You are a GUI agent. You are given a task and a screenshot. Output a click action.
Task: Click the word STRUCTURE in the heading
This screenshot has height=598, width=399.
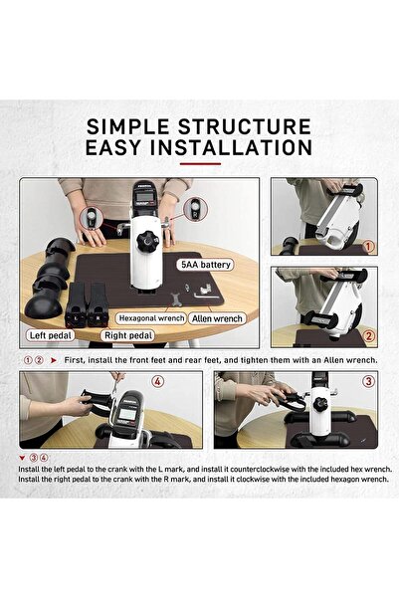pyautogui.click(x=245, y=126)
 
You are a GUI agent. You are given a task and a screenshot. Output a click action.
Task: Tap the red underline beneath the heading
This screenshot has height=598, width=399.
pyautogui.click(x=200, y=164)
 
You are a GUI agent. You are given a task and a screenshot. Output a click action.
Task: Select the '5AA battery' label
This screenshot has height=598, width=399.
pyautogui.click(x=205, y=265)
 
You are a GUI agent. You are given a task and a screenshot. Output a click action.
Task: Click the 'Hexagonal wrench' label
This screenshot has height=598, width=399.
pyautogui.click(x=151, y=318)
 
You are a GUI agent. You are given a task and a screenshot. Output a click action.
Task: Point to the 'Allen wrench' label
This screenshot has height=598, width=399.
pyautogui.click(x=217, y=318)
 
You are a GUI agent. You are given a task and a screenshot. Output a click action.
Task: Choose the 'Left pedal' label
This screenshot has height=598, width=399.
pyautogui.click(x=51, y=335)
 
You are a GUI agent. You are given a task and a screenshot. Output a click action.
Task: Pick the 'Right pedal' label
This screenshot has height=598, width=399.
pyautogui.click(x=128, y=335)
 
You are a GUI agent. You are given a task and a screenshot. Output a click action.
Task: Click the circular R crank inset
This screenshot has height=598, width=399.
pyautogui.click(x=196, y=209)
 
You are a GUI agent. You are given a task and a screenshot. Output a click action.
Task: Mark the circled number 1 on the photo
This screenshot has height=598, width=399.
pyautogui.click(x=368, y=247)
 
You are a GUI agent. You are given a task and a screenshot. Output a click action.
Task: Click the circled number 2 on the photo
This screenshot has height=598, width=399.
pyautogui.click(x=369, y=336)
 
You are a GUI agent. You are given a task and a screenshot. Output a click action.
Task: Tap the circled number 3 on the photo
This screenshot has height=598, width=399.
pyautogui.click(x=368, y=381)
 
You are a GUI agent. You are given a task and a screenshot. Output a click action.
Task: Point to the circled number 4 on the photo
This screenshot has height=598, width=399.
pyautogui.click(x=158, y=381)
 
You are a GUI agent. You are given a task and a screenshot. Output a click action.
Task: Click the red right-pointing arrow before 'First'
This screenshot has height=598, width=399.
pyautogui.click(x=54, y=360)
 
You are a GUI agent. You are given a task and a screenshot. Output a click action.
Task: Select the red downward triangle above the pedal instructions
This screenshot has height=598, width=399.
pyautogui.click(x=22, y=458)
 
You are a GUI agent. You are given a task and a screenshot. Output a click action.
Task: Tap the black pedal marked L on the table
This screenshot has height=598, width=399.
pyautogui.click(x=77, y=304)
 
